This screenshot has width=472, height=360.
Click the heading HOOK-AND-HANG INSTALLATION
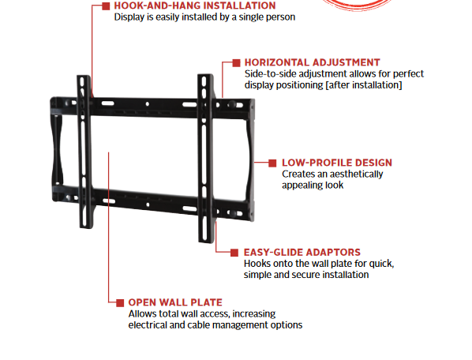click(195, 6)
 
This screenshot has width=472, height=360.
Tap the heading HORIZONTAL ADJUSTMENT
click(312, 62)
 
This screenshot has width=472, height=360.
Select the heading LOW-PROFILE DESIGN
click(337, 163)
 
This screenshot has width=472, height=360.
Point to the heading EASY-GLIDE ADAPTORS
click(302, 253)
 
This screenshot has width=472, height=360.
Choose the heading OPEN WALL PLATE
click(175, 302)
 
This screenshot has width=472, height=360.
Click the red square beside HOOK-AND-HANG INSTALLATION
click(106, 6)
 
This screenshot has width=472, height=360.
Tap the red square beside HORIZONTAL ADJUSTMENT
click(236, 63)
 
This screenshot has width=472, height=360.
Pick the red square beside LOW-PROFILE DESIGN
click(272, 163)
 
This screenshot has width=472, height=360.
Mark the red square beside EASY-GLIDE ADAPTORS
click(234, 253)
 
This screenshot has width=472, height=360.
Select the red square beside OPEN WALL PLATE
click(120, 303)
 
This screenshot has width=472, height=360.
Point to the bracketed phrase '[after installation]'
click(364, 85)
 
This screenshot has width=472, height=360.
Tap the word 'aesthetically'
click(358, 174)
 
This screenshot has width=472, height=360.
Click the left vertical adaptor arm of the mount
click(85, 152)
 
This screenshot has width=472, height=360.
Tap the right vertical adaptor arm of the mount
click(205, 158)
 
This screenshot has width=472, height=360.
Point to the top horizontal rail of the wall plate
click(152, 107)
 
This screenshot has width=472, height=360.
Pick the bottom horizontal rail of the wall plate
click(152, 201)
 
